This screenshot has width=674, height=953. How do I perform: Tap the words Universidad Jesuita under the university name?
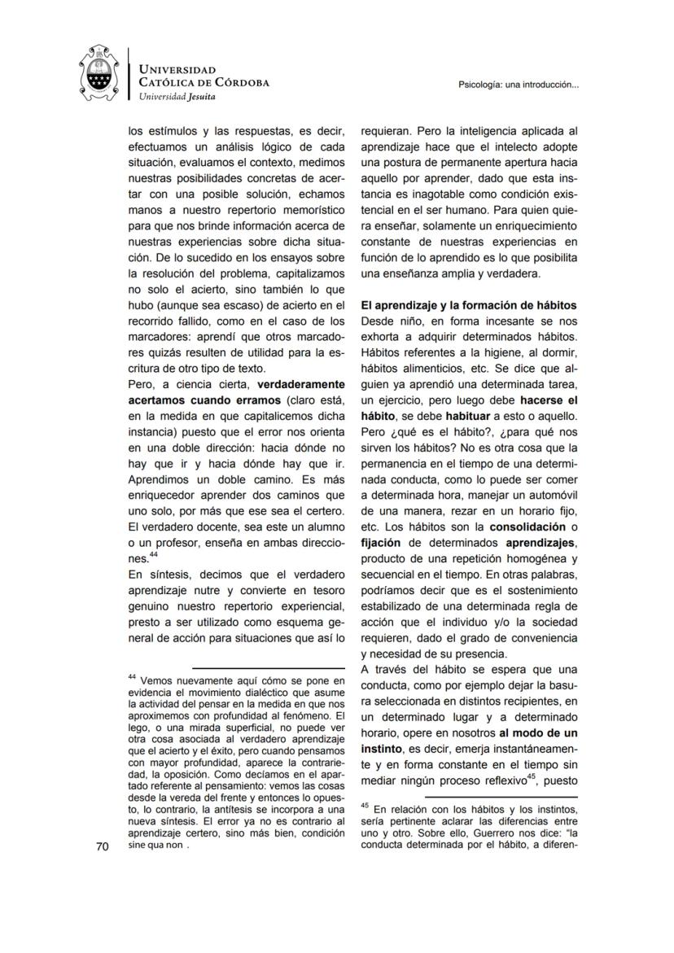tap(177, 96)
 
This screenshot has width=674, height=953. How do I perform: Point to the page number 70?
tap(102, 846)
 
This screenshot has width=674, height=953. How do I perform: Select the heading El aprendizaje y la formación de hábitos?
tap(469, 305)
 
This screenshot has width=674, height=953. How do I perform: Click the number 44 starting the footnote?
tap(133, 677)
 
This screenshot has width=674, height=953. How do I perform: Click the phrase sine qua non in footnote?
tap(155, 845)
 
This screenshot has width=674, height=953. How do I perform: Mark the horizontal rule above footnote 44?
tap(269, 668)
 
